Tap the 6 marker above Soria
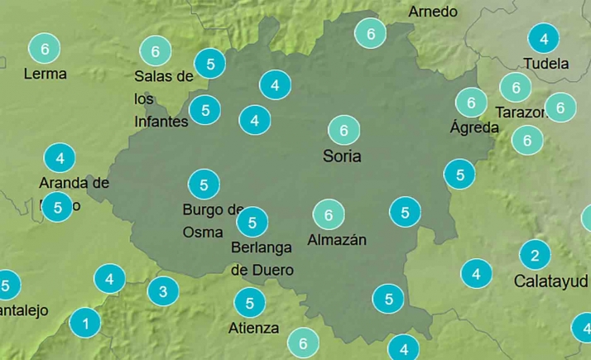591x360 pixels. [343, 130]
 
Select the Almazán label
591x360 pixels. [336, 240]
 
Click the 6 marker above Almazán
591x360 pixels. [329, 215]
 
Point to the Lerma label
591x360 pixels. [46, 74]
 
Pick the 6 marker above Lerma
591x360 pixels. [45, 49]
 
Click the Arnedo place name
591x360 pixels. [433, 12]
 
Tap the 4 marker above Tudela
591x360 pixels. [544, 39]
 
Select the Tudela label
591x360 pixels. [546, 64]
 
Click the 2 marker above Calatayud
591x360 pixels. [535, 255]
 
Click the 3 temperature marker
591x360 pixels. [163, 291]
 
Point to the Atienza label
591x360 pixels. [253, 328]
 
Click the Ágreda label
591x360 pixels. [473, 127]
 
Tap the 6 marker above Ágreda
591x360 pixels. [472, 103]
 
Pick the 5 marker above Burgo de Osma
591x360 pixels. [204, 183]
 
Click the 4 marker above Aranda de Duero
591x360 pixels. [60, 157]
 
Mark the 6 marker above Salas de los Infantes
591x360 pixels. [155, 51]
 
